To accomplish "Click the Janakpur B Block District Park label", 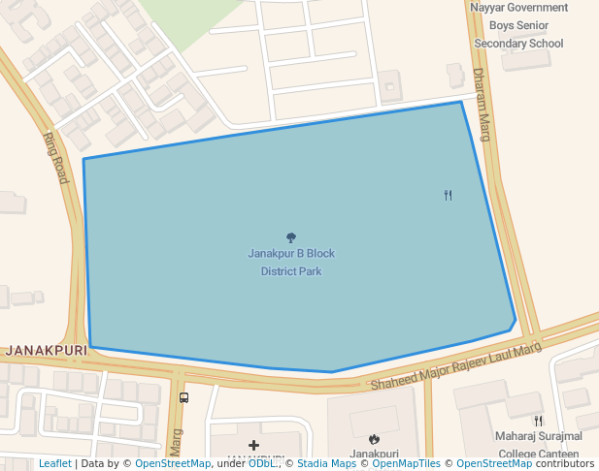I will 291,263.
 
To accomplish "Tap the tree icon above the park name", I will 291,237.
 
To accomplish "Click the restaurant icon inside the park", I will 448,195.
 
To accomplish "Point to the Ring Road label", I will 56,158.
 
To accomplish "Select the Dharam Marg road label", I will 483,105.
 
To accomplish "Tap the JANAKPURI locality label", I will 40,350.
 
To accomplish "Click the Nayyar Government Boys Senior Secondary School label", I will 518,25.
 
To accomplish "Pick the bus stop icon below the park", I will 184,397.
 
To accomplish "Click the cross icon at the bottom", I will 254,446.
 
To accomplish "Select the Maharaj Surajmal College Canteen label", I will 539,445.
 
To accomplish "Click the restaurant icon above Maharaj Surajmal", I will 538,421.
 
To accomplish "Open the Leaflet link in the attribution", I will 55,464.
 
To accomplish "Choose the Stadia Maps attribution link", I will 326,464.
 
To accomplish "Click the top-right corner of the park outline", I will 460,102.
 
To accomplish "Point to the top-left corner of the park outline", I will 83,159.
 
